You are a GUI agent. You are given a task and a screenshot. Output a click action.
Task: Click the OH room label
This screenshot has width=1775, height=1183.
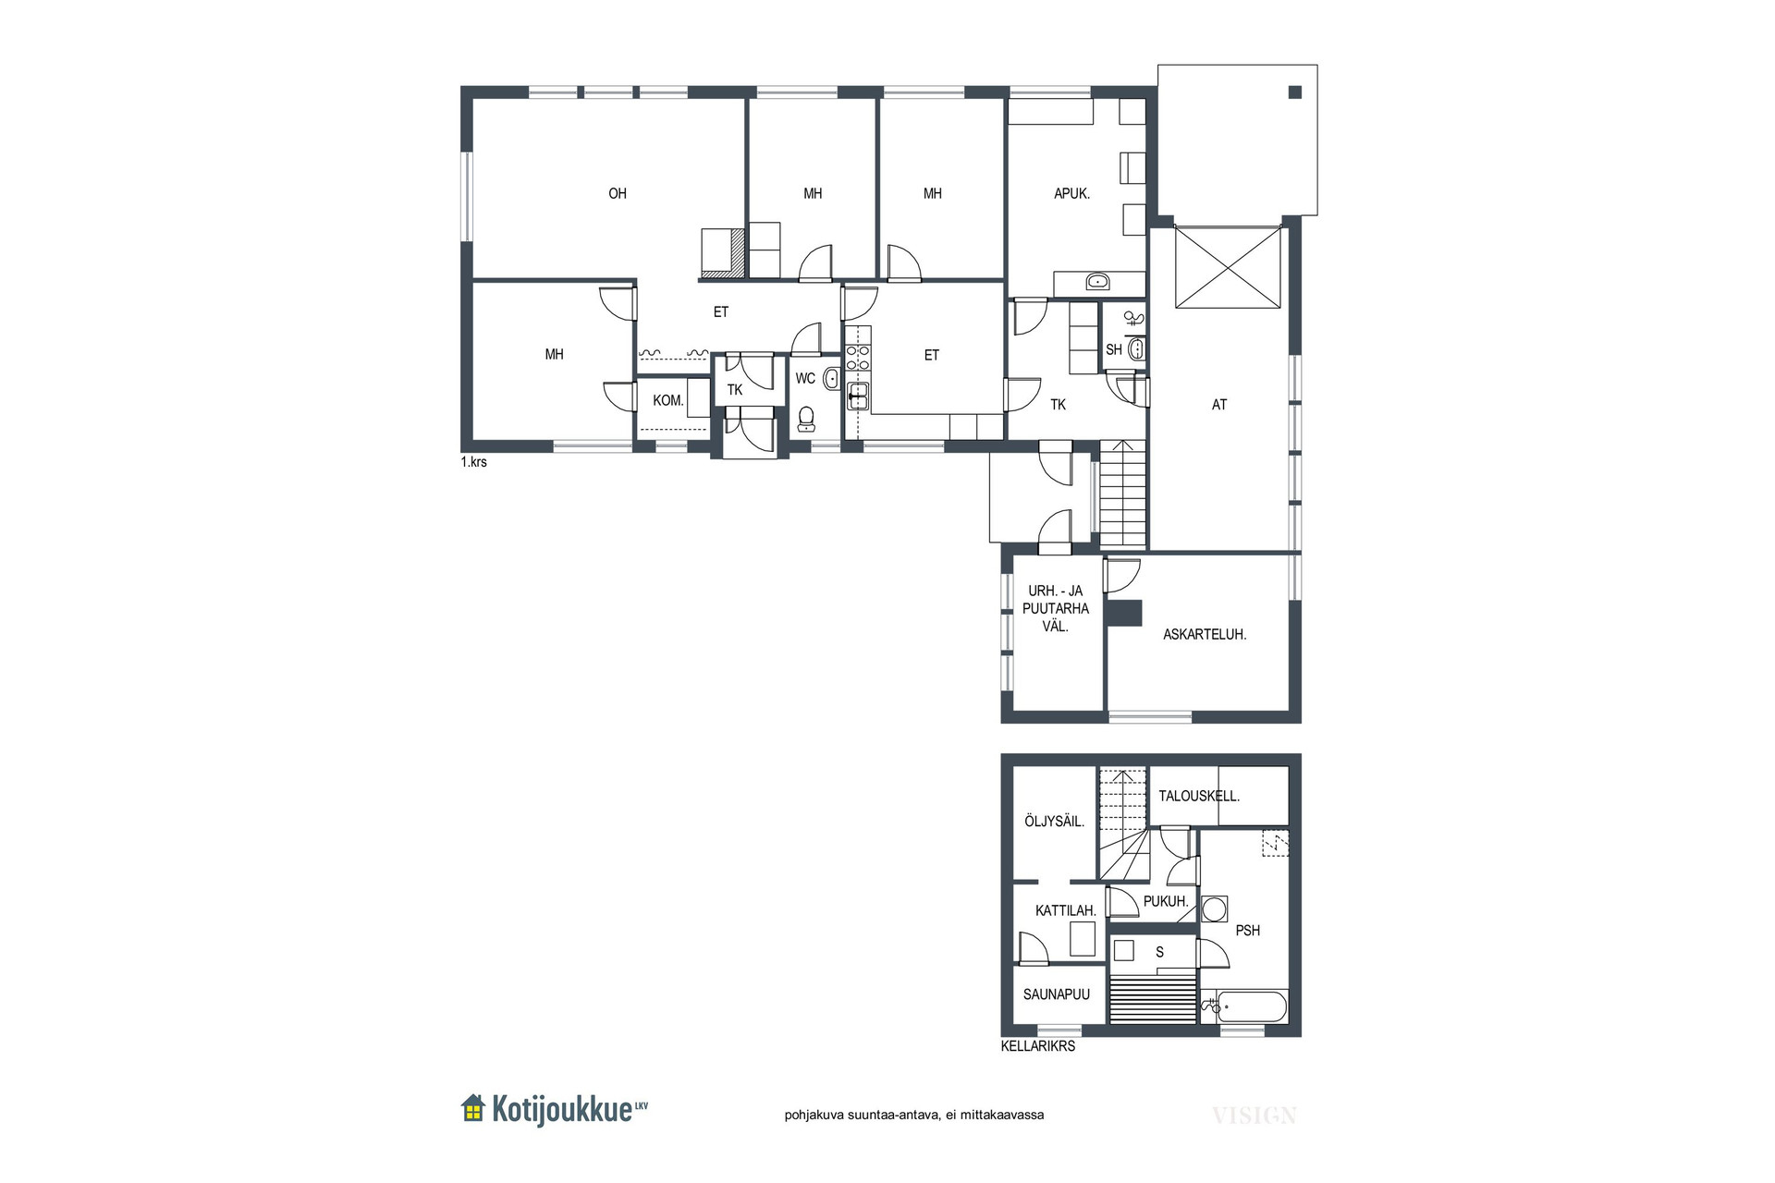point(618,193)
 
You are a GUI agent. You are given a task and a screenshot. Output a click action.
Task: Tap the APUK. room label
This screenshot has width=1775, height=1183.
point(1072,194)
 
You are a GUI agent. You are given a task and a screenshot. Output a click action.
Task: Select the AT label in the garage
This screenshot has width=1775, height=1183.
point(1219,405)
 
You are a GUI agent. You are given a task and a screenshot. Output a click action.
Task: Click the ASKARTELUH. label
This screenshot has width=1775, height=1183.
point(1205,635)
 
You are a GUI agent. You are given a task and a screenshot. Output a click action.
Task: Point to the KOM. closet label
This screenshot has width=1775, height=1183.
point(668,401)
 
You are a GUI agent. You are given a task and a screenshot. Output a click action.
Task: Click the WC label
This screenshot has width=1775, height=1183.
point(805,379)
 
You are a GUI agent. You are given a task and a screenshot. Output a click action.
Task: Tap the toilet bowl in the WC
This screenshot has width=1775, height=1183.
point(807,420)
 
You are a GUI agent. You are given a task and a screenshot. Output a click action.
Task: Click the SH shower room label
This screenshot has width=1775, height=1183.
point(1114,350)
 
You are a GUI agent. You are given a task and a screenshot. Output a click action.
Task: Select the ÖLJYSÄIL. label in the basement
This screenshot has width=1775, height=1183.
point(1055,822)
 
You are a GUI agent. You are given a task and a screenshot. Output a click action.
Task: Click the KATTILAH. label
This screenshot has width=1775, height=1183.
point(1066,911)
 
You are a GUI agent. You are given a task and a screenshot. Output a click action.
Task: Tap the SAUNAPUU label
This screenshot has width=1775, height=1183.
point(1057,995)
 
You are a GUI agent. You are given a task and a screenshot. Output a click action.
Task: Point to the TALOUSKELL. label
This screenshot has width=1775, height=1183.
point(1199,796)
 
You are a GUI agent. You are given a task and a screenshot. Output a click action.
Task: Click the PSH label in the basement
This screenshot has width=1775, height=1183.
point(1248,931)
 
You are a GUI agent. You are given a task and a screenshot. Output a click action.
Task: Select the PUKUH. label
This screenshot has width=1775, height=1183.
point(1166,902)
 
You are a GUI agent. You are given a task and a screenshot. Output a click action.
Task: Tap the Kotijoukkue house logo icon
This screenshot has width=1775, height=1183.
point(473,1108)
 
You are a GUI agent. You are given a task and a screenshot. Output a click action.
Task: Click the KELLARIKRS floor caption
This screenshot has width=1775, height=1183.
point(1038,1047)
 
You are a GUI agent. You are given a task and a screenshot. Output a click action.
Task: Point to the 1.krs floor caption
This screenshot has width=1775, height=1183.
point(473,462)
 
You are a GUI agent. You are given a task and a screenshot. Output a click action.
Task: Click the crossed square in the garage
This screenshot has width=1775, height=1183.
point(1229,267)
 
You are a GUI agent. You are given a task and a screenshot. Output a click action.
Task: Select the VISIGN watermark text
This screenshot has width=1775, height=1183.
point(1255,1116)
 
